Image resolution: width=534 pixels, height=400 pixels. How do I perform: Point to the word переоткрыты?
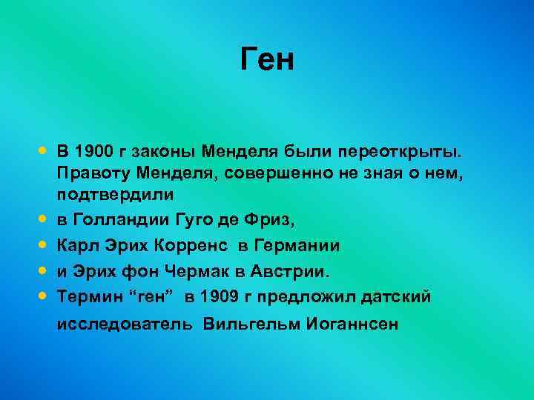[x=403, y=153]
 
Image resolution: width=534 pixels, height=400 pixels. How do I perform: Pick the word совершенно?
[x=286, y=174]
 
